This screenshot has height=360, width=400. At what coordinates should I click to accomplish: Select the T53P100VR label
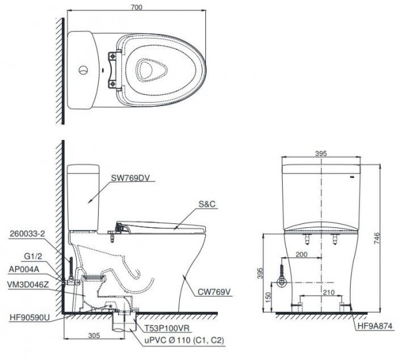(164, 329)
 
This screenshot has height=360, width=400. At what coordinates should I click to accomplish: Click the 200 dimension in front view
(300, 255)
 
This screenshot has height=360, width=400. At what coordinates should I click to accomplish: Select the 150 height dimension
(269, 295)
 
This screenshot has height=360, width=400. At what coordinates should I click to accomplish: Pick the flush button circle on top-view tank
(83, 69)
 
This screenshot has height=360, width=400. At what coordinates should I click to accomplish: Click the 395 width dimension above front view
(321, 154)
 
